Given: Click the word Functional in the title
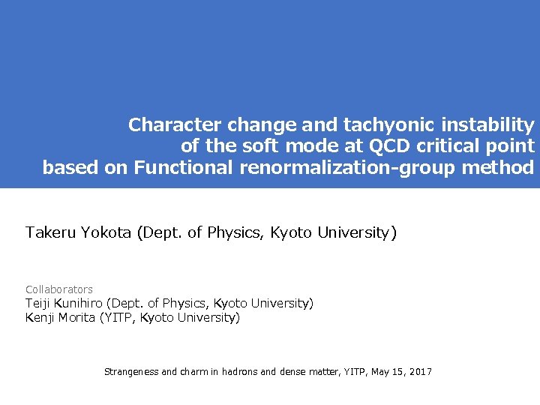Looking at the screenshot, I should tap(184, 168).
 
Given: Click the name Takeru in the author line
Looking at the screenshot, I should tap(49, 233).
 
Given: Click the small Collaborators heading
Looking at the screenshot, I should tap(59, 289).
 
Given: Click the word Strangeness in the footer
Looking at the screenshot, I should tap(130, 372).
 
